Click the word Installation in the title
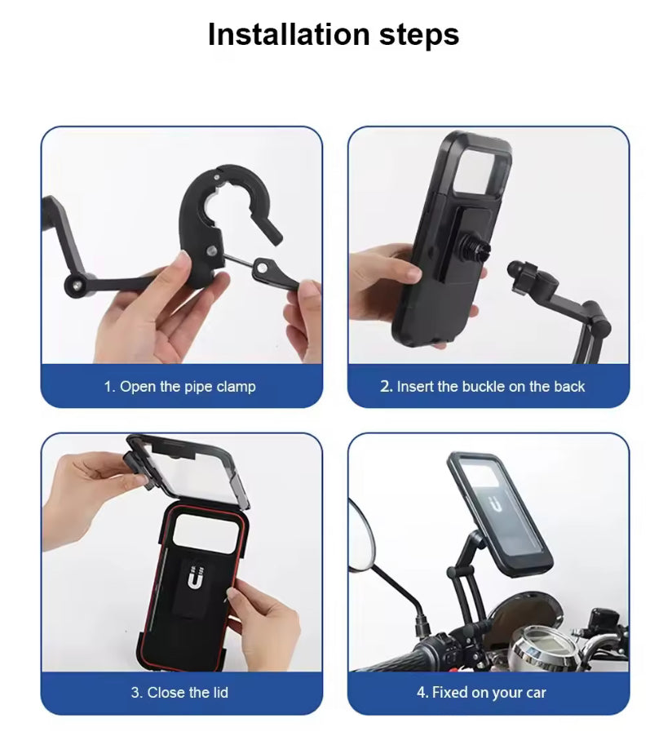(289, 34)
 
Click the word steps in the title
(419, 35)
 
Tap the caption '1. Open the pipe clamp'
(180, 387)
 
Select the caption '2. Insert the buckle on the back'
(482, 387)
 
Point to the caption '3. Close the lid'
(179, 693)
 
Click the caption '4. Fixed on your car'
(481, 693)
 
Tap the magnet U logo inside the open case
(194, 577)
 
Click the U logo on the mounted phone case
(496, 505)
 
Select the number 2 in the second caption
(384, 386)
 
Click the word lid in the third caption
(220, 692)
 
